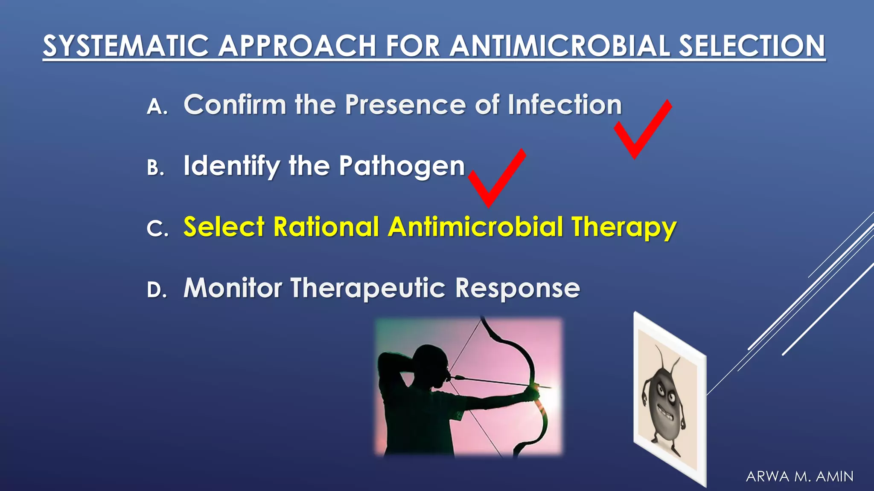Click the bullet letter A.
point(156,107)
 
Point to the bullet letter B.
point(155,168)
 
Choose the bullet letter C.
point(156,228)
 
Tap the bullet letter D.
point(156,290)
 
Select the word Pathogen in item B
point(402,166)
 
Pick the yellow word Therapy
point(624,227)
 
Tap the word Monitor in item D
point(233,288)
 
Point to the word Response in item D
point(517,289)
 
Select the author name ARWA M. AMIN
point(799,476)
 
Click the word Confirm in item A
point(235,104)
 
